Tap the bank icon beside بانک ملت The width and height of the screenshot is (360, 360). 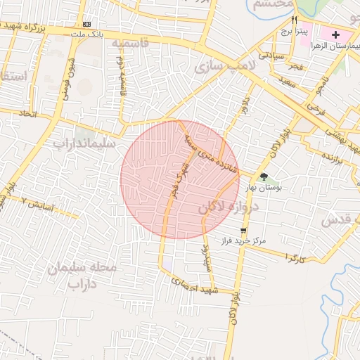pos(86,24)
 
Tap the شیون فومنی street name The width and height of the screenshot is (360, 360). pos(71,70)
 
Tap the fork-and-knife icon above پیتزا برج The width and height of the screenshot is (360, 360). pos(294,20)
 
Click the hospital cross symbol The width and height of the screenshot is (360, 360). pos(335,34)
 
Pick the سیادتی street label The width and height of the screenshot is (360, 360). pos(271,54)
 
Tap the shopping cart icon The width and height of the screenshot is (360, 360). pos(243,231)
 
